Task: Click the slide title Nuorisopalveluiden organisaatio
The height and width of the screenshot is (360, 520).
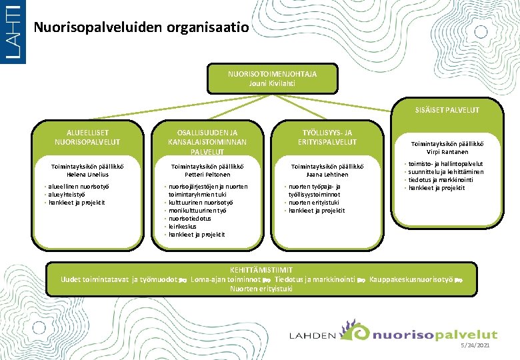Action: coord(141,28)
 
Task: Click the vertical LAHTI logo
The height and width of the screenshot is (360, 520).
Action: coord(13,32)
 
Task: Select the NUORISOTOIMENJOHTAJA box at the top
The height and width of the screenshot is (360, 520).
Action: coord(272,79)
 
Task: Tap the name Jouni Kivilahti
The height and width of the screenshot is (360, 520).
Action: coord(272,84)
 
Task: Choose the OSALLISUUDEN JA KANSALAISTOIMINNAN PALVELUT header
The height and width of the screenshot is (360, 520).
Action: coord(208,142)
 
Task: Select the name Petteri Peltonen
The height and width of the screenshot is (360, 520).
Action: coord(208,175)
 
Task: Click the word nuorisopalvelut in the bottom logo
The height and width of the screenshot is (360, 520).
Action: coord(435,335)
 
